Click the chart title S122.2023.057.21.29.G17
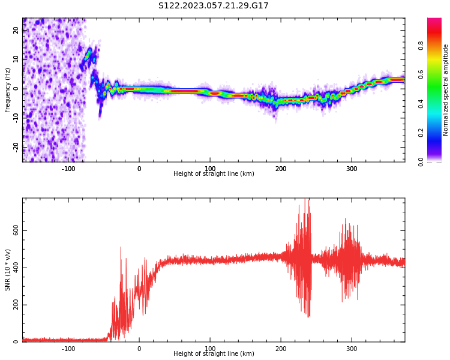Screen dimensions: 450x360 [213, 5]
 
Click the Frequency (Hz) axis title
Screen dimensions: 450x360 [7, 90]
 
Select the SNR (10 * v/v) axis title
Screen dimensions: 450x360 [7, 270]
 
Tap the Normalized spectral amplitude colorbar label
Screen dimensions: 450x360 [445, 90]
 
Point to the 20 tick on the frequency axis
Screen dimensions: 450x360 [16, 30]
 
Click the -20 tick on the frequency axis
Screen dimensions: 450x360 [16, 147]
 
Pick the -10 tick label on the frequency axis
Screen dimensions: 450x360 [16, 118]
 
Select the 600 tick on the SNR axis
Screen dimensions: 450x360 [16, 230]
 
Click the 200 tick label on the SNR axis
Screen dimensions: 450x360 [16, 305]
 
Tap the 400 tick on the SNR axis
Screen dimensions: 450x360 [16, 268]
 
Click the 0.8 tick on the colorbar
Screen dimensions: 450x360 [421, 46]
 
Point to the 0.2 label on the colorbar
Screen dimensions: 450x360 [421, 133]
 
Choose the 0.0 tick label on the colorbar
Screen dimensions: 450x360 [421, 162]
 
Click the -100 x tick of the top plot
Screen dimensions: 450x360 [68, 169]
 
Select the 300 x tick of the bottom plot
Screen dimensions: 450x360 [352, 349]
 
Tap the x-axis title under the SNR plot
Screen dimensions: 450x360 [214, 353]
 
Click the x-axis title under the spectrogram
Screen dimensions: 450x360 [214, 173]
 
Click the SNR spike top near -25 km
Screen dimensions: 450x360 [121, 247]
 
